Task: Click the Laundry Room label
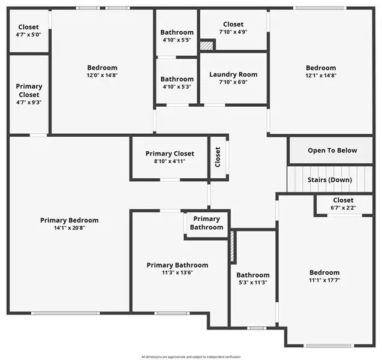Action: [x=233, y=74]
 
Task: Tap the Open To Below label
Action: [x=332, y=151]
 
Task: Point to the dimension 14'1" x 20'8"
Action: [x=70, y=228]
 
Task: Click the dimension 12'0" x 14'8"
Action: [x=102, y=76]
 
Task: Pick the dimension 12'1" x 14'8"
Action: [x=321, y=76]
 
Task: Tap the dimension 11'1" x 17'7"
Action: [x=324, y=280]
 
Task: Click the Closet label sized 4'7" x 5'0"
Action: [x=28, y=27]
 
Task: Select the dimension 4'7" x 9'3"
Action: [x=29, y=103]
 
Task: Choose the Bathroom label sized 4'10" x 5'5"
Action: [x=177, y=32]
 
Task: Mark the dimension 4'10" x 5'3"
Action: [x=177, y=86]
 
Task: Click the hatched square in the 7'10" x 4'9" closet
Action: [x=207, y=45]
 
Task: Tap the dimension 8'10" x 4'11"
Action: [x=170, y=161]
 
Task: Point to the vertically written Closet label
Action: [x=218, y=157]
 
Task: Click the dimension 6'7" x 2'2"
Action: [x=344, y=208]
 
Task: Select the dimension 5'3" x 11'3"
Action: [x=252, y=283]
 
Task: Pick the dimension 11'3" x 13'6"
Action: [x=178, y=272]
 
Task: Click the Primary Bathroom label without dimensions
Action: [x=206, y=223]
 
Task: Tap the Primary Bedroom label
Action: [x=70, y=220]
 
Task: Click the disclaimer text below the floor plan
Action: [x=191, y=356]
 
